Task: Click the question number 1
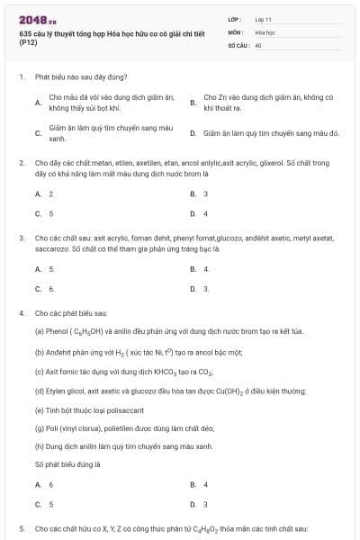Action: pos(21,78)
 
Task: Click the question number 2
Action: pos(21,163)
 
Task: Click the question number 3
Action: pos(21,238)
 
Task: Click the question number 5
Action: pos(21,528)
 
